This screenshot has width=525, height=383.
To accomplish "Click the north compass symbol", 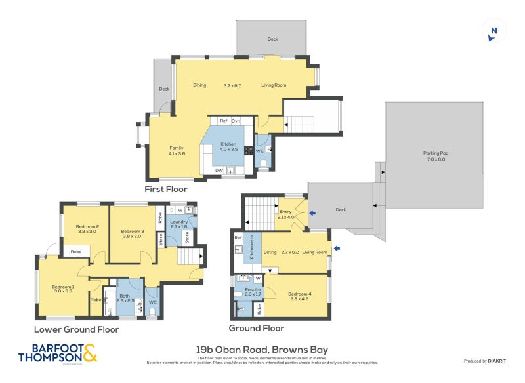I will [494, 31].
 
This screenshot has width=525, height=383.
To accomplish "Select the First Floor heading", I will [166, 189].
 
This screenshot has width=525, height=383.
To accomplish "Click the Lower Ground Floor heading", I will [76, 329].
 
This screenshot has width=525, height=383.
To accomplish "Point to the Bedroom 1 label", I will [63, 289].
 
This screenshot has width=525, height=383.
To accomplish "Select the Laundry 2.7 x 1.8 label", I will [179, 224].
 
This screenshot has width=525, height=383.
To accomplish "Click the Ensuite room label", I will [253, 292].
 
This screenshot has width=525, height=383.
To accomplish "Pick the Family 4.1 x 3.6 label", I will [177, 150].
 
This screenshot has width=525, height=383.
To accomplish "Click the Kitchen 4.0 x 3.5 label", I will [228, 147].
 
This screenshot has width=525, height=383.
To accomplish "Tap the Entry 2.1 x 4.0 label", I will [286, 214].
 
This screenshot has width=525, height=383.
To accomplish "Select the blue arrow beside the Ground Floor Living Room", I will [337, 249].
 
